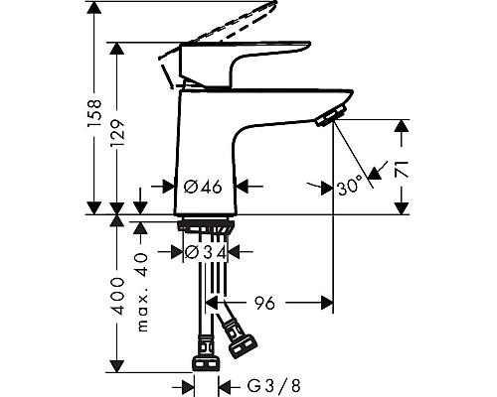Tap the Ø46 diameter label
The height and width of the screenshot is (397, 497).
(x=203, y=186)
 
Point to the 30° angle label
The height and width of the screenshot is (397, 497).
(x=349, y=186)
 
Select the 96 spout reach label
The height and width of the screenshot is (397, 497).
(x=265, y=303)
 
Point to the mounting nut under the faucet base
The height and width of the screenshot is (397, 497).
(x=206, y=227)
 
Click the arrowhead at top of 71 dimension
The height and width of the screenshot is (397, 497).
(x=402, y=126)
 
